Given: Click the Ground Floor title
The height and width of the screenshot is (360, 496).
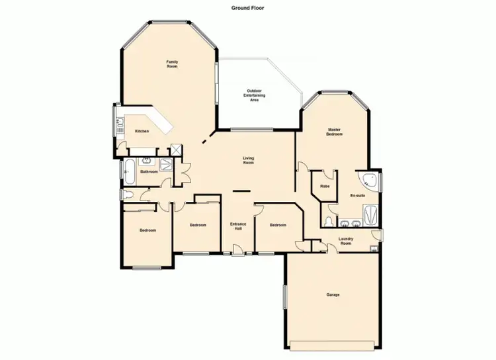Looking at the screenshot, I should click(x=248, y=8).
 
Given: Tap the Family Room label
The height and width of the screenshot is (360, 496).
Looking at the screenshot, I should click(x=172, y=64).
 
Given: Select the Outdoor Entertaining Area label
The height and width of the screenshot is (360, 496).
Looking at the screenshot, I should click(x=255, y=95).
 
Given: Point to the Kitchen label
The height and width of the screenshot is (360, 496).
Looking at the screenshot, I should click(x=142, y=131).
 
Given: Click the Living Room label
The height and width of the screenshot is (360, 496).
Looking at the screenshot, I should click(x=248, y=159).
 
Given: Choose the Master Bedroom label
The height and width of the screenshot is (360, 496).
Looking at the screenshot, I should click(x=334, y=131).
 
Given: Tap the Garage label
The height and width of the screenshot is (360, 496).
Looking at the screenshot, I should click(x=333, y=294).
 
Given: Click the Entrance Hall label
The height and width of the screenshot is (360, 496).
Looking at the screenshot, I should click(x=238, y=226).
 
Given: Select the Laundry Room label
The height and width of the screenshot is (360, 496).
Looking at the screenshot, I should click(x=346, y=240).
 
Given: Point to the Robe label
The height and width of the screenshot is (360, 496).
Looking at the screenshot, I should click(x=325, y=187).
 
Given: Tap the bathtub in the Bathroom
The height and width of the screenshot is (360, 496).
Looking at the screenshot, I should click(x=129, y=172).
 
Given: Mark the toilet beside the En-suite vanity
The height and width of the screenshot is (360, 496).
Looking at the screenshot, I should click(x=329, y=220).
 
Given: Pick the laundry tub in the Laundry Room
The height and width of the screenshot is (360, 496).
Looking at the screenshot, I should click(x=374, y=249).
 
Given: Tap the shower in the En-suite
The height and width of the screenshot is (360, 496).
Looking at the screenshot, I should click(x=370, y=214).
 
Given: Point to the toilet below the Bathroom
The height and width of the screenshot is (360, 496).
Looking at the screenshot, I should click(x=128, y=195).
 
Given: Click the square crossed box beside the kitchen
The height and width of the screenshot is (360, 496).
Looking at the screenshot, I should click(x=176, y=150).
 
